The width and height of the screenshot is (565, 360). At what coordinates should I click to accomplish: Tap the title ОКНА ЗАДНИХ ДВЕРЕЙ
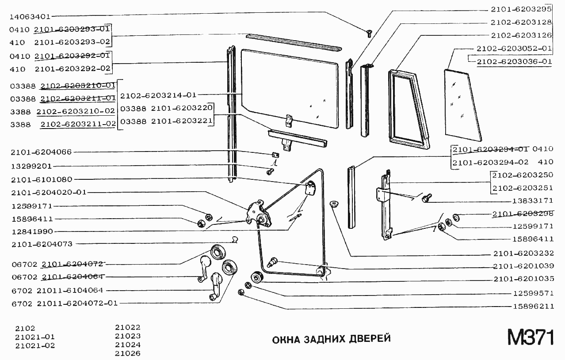(x=331, y=339)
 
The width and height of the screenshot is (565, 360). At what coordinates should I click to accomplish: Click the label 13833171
(x=533, y=201)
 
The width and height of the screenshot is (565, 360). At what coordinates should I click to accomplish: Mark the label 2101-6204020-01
(x=49, y=192)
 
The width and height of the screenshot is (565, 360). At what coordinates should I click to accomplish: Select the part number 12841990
(x=32, y=231)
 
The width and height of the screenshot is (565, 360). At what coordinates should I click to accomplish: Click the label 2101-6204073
(x=42, y=244)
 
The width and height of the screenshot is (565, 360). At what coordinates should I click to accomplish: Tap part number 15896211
(x=533, y=306)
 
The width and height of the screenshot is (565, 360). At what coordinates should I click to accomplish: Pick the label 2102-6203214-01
(x=158, y=95)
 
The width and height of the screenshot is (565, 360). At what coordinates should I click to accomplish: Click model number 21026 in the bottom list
(x=127, y=353)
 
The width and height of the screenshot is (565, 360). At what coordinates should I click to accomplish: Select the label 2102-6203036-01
(x=514, y=61)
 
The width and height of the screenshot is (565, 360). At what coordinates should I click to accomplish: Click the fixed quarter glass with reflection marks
(x=462, y=102)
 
